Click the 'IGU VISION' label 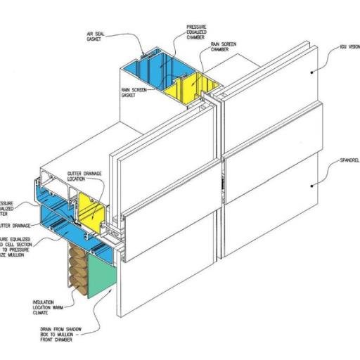coord(346,47)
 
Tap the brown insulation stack coord(77,271)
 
